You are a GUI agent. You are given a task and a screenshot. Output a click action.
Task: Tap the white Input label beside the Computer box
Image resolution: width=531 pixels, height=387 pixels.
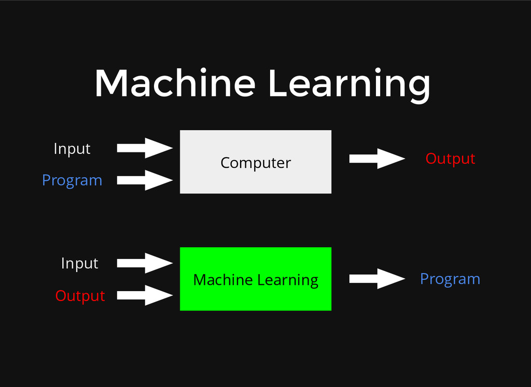click(x=72, y=149)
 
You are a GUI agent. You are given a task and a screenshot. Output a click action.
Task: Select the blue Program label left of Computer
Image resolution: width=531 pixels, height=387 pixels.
click(x=72, y=180)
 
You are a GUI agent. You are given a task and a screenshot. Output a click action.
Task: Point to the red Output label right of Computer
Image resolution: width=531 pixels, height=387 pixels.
click(x=450, y=159)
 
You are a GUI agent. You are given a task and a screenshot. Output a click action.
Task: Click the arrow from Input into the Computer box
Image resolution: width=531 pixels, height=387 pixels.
click(x=145, y=148)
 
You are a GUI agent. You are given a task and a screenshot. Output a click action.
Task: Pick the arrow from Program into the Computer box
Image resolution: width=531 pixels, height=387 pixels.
click(x=145, y=180)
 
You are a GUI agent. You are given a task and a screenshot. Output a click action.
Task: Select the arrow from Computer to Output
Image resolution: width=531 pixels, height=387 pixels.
click(x=377, y=159)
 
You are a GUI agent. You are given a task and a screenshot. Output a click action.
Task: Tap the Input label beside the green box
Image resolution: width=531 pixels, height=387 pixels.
click(x=79, y=263)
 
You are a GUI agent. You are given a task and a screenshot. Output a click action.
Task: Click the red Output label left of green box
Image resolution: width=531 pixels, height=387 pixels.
click(x=80, y=296)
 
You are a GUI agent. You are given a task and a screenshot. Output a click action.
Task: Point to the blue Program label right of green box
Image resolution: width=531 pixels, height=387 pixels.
click(x=450, y=279)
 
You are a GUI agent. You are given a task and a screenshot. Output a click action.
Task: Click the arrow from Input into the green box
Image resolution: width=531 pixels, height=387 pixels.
click(x=145, y=263)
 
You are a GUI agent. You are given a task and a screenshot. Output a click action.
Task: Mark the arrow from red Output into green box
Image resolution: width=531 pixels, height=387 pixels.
click(x=145, y=295)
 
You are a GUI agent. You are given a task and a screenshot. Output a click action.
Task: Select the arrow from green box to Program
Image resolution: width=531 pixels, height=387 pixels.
click(x=377, y=279)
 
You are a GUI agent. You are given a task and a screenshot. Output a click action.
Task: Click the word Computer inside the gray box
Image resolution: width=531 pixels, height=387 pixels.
click(x=256, y=163)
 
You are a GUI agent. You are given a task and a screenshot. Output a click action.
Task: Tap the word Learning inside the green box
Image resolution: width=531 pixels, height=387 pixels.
click(x=288, y=280)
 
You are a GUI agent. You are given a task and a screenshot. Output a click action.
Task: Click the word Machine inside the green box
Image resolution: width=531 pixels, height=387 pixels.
click(x=223, y=280)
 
